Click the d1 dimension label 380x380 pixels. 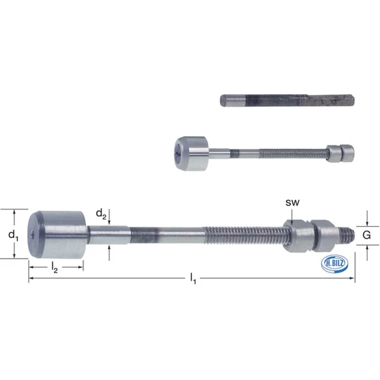click(13, 235)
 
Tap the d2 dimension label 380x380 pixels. click(101, 214)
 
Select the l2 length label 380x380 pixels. click(54, 267)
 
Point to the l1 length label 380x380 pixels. click(193, 278)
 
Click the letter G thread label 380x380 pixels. click(367, 235)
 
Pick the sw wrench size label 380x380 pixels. click(292, 203)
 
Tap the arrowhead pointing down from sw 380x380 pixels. click(292, 221)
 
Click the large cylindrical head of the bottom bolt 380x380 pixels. click(57, 235)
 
